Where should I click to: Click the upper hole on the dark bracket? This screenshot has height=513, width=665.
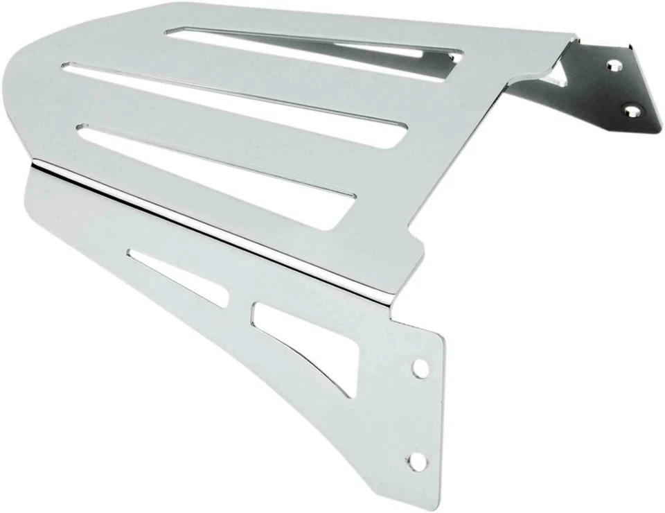613,65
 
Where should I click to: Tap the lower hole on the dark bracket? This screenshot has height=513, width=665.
630,110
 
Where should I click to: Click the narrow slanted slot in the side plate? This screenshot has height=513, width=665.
180,278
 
